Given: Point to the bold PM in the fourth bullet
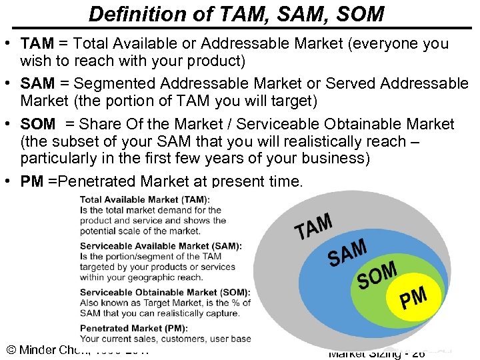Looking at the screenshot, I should tap(32, 182).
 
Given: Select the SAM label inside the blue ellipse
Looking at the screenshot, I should tap(347, 252).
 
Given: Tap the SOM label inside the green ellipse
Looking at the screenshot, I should tap(377, 275).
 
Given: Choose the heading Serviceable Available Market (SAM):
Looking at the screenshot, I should tap(161, 246).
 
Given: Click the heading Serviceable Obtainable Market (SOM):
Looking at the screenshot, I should tap(165, 292).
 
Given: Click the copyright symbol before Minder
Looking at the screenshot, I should tap(11, 350).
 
